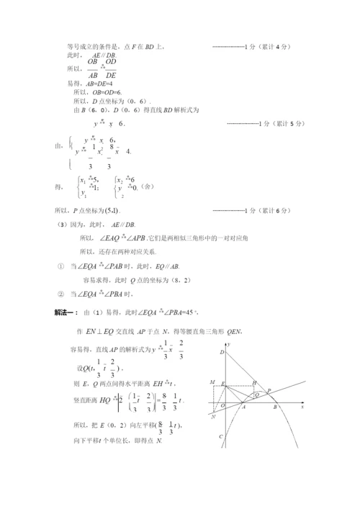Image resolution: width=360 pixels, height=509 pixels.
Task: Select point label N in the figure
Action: pos(214,415)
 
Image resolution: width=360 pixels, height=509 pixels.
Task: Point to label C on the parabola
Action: pos(222,436)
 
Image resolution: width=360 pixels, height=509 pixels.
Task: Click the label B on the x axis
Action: pos(275,407)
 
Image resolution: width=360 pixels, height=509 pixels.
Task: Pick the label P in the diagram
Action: pos(270,390)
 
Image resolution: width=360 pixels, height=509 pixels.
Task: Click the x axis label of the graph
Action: pos(303,406)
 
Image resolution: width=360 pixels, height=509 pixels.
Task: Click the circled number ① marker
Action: pos(60,265)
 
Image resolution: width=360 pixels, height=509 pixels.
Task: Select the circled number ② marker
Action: pos(60,294)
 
